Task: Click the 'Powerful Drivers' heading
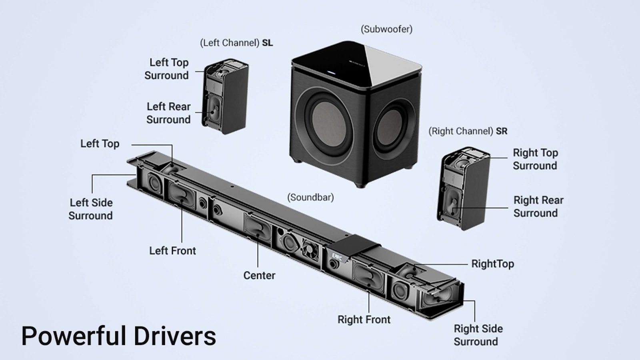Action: [x=118, y=336]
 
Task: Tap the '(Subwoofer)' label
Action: [x=386, y=29]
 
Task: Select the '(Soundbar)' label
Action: [x=310, y=197]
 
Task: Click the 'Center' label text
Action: [x=259, y=275]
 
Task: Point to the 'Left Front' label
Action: [x=172, y=251]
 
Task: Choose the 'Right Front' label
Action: [x=364, y=320]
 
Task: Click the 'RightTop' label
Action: [x=492, y=264]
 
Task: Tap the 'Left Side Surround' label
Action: [x=91, y=209]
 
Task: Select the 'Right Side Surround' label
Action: [x=478, y=335]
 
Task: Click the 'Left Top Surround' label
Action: [x=167, y=69]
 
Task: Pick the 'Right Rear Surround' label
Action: [x=538, y=206]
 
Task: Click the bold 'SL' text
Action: [x=268, y=43]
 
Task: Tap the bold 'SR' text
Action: [x=502, y=131]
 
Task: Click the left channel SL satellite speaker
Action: [x=226, y=98]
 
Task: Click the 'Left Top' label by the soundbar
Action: [x=100, y=144]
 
